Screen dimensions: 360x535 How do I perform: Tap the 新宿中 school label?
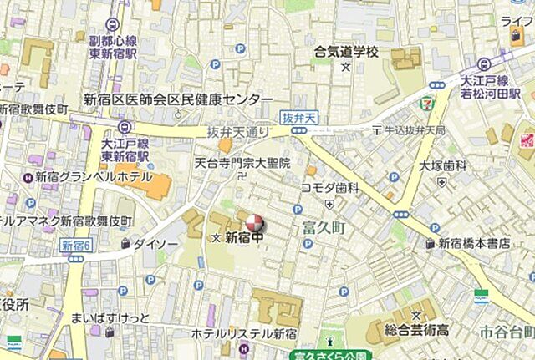(247, 239)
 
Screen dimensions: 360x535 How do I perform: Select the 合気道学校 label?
(346, 52)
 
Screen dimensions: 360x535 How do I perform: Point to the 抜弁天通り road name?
(239, 132)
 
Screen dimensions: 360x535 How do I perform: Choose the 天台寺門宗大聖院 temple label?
(242, 163)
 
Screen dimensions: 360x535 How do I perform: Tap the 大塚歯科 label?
(443, 165)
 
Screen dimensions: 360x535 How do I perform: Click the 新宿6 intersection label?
(77, 245)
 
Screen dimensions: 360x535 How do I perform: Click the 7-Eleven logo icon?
(428, 104)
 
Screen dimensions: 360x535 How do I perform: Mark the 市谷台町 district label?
(507, 332)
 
